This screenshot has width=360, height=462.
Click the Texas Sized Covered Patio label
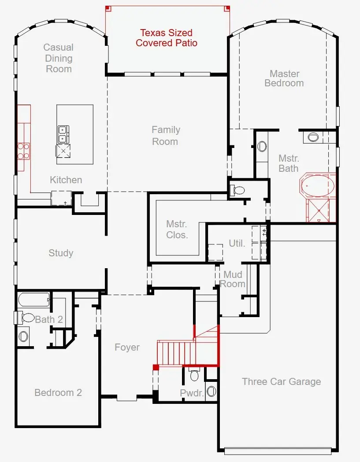click(x=167, y=38)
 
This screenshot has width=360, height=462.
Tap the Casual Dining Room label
click(x=59, y=58)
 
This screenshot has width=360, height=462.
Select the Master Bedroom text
click(x=284, y=78)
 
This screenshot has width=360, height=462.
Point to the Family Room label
click(x=165, y=136)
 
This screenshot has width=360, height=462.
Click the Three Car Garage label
click(x=281, y=382)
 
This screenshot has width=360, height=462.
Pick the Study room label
click(x=61, y=253)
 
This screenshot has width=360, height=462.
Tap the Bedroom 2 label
click(x=58, y=393)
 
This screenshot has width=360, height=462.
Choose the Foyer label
click(x=127, y=347)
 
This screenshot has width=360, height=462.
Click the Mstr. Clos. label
click(x=177, y=229)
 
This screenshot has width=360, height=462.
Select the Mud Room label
click(x=233, y=280)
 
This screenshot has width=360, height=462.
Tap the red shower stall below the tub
click(x=321, y=211)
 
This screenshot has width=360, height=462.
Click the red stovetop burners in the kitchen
click(x=23, y=151)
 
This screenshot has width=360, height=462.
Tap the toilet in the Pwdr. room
click(x=194, y=376)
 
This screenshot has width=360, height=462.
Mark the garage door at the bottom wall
click(x=277, y=451)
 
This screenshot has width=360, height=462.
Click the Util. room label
click(x=237, y=243)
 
